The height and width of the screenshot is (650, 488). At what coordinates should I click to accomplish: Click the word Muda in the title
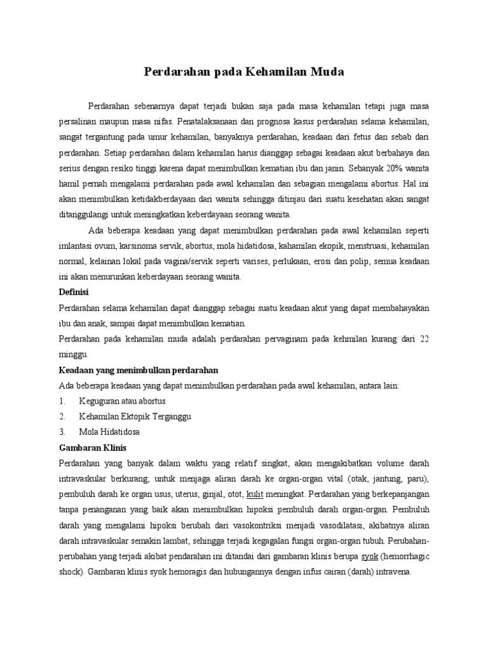(328, 72)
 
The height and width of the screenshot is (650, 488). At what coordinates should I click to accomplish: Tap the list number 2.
(62, 416)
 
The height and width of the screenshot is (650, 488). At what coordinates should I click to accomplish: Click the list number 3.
(62, 432)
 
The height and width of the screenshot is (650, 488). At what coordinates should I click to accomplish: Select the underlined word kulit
(254, 493)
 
